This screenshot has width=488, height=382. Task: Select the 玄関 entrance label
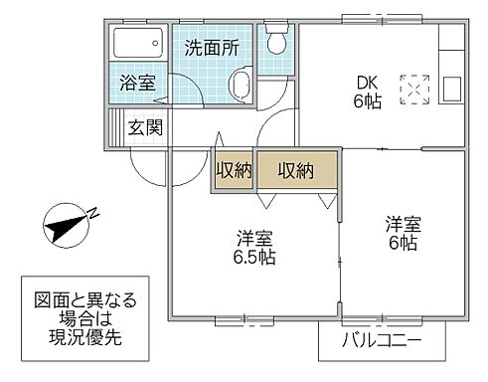click(145, 128)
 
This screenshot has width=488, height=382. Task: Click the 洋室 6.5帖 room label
click(254, 247)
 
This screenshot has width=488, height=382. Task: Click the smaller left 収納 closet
click(234, 170)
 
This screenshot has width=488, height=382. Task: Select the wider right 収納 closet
click(296, 170)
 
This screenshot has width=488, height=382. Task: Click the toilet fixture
click(276, 43)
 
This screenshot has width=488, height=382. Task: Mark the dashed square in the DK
click(412, 88)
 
